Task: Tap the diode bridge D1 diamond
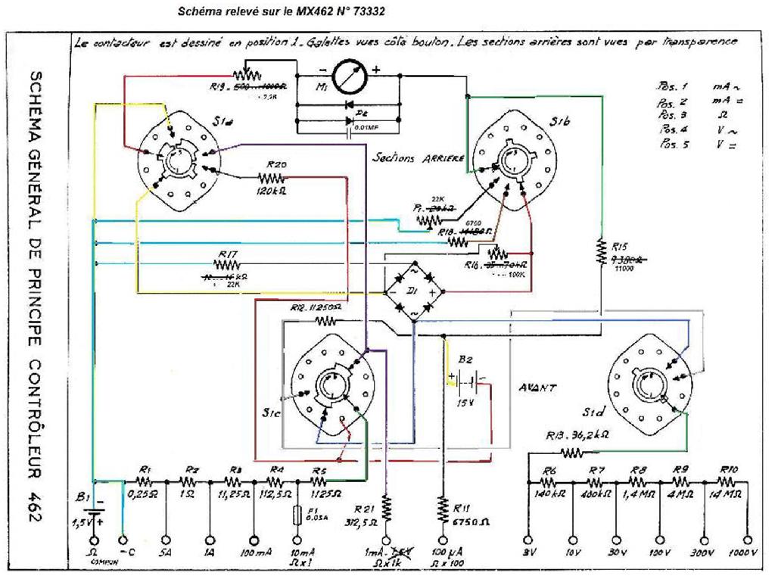413,291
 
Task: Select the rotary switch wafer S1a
179,158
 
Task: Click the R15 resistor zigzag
601,248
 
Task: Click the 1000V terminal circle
749,540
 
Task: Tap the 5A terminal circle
166,540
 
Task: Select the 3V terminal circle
528,540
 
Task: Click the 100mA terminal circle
253,540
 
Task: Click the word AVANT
537,387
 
